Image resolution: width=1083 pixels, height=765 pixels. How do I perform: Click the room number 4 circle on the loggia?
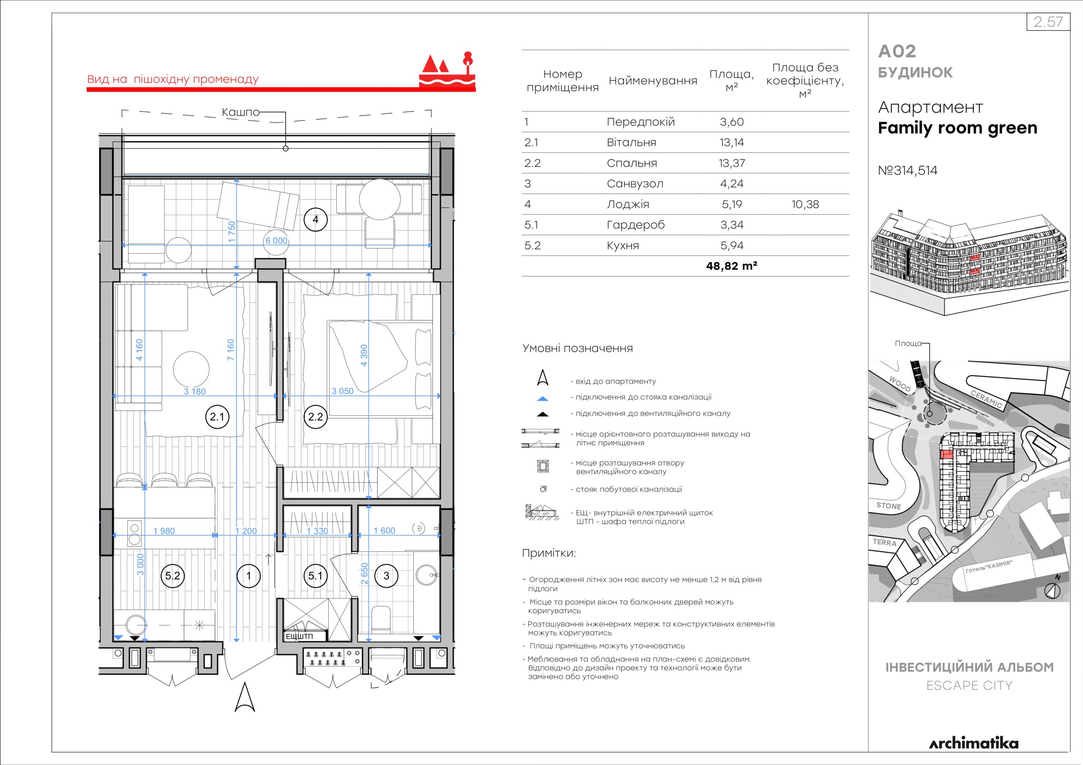pyautogui.click(x=316, y=219)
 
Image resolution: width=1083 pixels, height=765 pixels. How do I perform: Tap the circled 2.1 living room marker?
pyautogui.click(x=217, y=417)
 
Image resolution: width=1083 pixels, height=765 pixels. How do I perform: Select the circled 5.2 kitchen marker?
pyautogui.click(x=173, y=576)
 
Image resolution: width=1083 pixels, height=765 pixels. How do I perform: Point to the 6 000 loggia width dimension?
pyautogui.click(x=276, y=240)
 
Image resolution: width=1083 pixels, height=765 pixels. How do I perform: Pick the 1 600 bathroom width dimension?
pyautogui.click(x=385, y=531)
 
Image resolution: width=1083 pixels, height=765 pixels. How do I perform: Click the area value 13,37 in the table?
pyautogui.click(x=731, y=163)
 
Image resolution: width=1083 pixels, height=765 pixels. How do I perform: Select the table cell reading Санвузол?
pyautogui.click(x=635, y=184)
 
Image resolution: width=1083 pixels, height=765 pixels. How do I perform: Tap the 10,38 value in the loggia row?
pyautogui.click(x=805, y=205)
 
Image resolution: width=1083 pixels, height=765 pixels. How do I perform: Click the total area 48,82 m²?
pyautogui.click(x=731, y=266)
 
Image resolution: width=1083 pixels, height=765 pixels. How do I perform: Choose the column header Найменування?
pyautogui.click(x=653, y=81)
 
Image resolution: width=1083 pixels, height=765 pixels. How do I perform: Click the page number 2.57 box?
pyautogui.click(x=1047, y=22)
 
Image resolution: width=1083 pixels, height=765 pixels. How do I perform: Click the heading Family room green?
pyautogui.click(x=957, y=128)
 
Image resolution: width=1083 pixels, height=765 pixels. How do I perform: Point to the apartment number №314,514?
pyautogui.click(x=907, y=170)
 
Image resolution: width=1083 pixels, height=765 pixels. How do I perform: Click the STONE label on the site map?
pyautogui.click(x=889, y=506)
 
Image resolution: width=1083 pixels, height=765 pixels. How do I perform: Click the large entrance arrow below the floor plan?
pyautogui.click(x=245, y=697)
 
